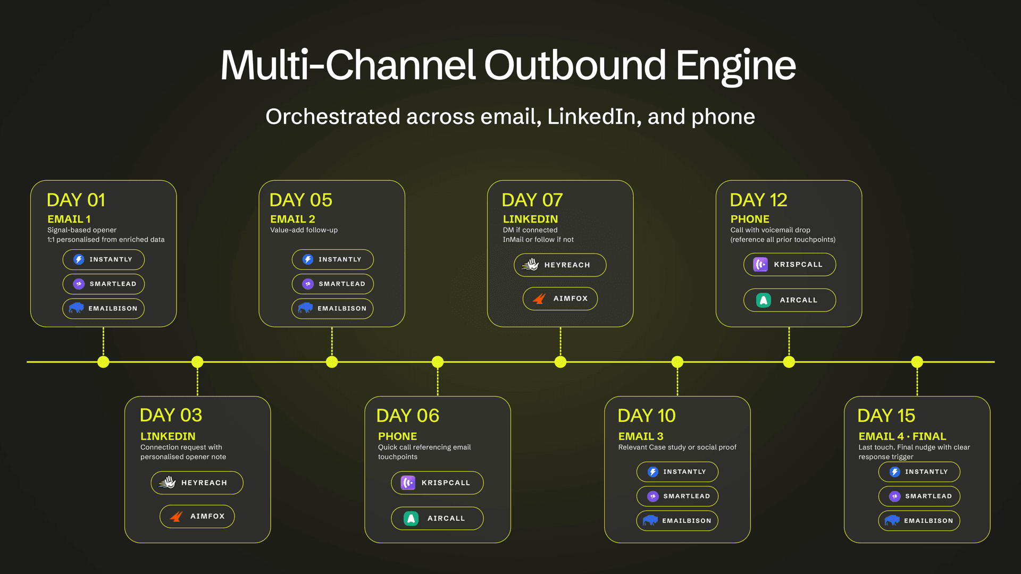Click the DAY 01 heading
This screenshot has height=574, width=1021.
tap(76, 200)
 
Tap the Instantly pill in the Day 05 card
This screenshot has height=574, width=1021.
tap(332, 259)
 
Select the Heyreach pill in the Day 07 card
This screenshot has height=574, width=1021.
tap(560, 265)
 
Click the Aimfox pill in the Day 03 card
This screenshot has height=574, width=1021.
tap(197, 516)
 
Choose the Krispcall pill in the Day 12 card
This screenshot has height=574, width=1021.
tap(789, 264)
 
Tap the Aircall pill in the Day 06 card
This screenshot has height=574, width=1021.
tap(437, 518)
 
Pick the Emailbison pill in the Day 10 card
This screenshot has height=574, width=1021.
tap(677, 521)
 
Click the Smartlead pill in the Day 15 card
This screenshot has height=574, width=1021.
tap(919, 496)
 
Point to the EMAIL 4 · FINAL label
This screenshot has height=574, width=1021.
tap(902, 436)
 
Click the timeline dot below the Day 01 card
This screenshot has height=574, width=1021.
tap(103, 362)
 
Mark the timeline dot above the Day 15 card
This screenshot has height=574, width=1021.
tap(917, 362)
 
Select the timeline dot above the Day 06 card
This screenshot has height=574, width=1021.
tap(438, 362)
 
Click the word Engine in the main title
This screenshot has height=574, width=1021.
tap(735, 66)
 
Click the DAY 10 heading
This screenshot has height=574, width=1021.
tap(646, 416)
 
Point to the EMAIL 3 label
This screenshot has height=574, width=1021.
tap(640, 436)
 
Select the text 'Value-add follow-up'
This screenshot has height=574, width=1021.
tap(304, 230)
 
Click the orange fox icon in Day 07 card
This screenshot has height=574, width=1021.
tap(539, 299)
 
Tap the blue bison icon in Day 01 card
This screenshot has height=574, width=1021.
tap(77, 308)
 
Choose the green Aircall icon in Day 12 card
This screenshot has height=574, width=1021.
tap(764, 300)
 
